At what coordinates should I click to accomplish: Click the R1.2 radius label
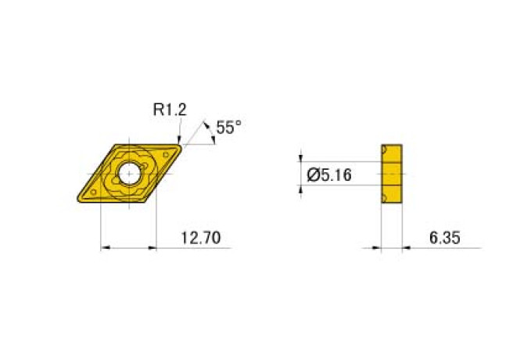(x=169, y=110)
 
